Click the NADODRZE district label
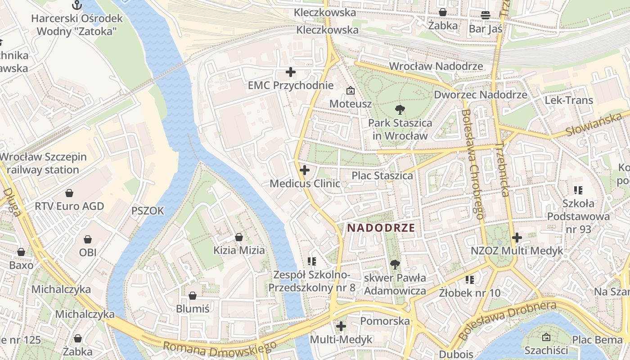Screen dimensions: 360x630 pos(381,228)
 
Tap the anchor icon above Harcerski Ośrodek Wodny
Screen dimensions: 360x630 pos(77,5)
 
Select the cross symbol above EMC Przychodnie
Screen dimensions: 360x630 pos(291,72)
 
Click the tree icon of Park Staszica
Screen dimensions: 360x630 pos(399,109)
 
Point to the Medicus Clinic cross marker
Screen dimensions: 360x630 pos(305,170)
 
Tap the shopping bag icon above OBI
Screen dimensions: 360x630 pos(88,239)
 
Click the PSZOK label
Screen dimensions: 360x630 pos(148,211)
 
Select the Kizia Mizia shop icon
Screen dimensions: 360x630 pos(239,237)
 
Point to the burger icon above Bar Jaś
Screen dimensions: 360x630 pos(485,15)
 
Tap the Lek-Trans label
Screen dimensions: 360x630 pos(569,100)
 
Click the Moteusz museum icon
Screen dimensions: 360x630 pos(350,90)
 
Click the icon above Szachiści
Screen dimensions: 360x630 pos(546,337)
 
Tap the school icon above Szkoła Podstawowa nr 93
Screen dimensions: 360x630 pos(578,190)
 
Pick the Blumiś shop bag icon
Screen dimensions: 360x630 pos(193,296)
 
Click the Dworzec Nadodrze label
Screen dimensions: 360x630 pos(480,95)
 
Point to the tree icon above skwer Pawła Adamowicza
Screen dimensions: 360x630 pos(395,265)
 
